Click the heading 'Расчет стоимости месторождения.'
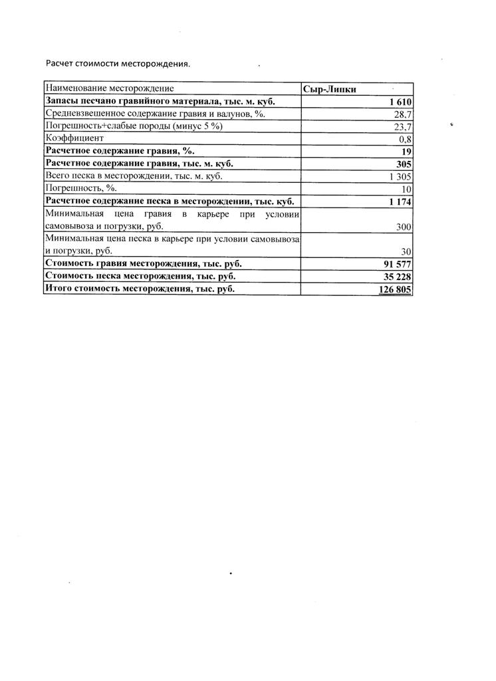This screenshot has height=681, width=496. coord(118,64)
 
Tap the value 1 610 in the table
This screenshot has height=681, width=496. coord(401,102)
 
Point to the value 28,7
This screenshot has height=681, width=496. coord(404,114)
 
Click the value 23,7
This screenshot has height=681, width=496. coord(404,126)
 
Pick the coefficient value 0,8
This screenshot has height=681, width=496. coord(406,139)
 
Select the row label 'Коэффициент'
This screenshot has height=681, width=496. coord(74,138)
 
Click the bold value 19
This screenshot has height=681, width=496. coord(407,152)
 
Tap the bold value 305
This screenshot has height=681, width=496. coord(404,164)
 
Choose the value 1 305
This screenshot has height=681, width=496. coord(400,177)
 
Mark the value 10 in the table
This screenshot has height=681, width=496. coord(407,190)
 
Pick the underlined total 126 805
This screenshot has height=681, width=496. coord(396,289)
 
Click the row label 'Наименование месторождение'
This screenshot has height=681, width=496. coord(110,88)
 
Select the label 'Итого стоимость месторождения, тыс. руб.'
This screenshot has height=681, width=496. coord(140,289)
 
